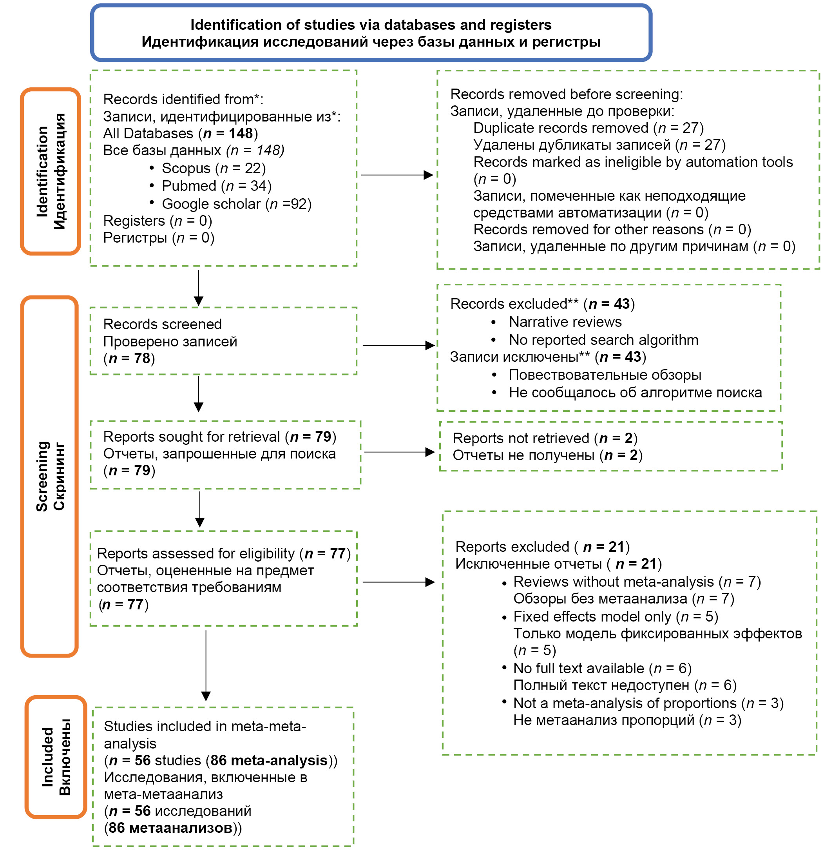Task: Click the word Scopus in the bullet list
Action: [186, 169]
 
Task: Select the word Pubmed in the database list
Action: [189, 186]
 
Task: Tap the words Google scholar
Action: [211, 204]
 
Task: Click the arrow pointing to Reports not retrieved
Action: [399, 452]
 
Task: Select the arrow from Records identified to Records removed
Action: [397, 175]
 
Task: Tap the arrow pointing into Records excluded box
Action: [398, 346]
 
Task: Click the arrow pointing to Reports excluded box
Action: [398, 582]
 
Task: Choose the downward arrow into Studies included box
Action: [206, 665]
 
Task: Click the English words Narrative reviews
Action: [565, 322]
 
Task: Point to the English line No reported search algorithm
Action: [603, 340]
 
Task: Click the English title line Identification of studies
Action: [371, 25]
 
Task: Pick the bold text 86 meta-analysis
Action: [269, 760]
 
